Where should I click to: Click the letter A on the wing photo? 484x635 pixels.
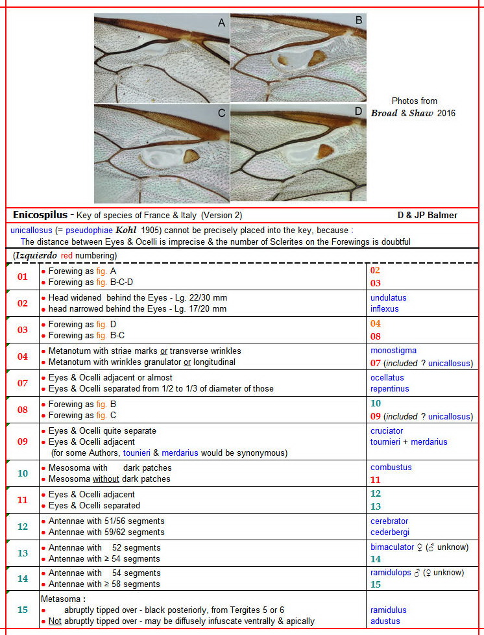(222, 23)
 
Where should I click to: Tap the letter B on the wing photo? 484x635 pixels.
(358, 21)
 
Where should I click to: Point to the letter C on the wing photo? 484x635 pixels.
(222, 113)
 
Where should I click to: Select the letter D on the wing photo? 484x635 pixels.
(358, 111)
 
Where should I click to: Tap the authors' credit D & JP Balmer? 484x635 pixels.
(428, 215)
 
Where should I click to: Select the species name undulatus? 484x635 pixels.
(388, 297)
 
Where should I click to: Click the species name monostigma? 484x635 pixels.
(393, 351)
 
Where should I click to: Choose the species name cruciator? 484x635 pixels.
(387, 430)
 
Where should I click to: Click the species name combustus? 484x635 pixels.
(391, 467)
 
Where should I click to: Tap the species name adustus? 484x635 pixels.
(385, 621)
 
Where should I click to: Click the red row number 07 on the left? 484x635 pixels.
(23, 383)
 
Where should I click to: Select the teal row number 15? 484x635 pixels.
(23, 610)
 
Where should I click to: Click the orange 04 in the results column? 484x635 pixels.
(376, 324)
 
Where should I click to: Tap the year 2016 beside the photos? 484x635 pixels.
(446, 113)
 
